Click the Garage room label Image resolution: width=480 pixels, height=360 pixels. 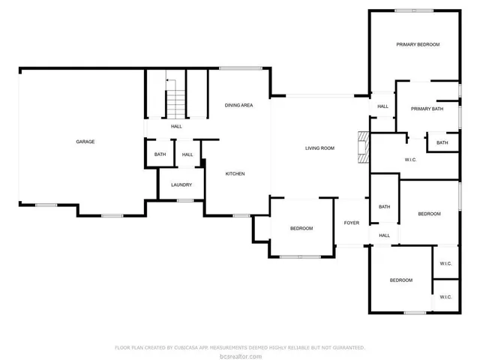[85, 142]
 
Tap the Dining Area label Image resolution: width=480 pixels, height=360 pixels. [238, 105]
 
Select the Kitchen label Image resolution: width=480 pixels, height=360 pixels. [235, 174]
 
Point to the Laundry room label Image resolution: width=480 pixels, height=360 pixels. [181, 184]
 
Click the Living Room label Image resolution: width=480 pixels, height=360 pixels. [319, 148]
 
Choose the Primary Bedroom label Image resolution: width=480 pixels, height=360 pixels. [418, 45]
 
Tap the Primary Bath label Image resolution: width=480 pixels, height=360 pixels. [427, 109]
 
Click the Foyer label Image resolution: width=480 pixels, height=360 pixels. [351, 223]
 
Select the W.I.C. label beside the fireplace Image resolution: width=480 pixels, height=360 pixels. [410, 159]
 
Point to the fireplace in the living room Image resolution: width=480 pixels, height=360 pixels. [364, 147]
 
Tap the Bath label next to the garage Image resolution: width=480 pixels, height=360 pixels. [160, 154]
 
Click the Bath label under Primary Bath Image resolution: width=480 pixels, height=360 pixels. [442, 142]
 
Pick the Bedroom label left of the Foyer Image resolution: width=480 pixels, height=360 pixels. [301, 228]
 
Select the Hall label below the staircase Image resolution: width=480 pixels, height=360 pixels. [176, 126]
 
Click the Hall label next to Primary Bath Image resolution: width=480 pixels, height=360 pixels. [382, 106]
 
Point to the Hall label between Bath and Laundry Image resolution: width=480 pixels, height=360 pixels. [187, 154]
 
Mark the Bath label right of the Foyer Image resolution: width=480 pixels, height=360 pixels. [385, 207]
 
